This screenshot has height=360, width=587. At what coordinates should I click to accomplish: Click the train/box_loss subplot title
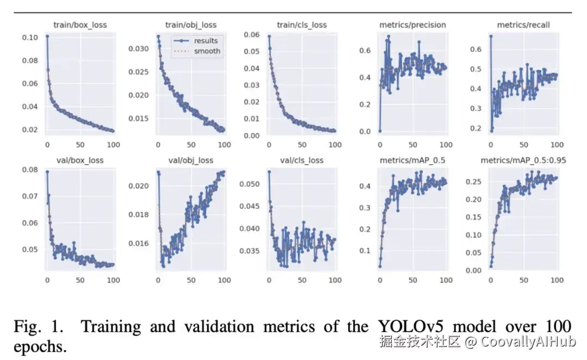(80, 25)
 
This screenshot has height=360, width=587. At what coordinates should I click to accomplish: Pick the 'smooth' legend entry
(207, 51)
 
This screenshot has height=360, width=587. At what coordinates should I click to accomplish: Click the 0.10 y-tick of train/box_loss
(30, 38)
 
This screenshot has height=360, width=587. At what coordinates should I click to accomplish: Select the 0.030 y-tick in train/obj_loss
(138, 49)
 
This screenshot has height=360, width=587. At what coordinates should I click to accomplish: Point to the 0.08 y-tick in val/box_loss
(30, 170)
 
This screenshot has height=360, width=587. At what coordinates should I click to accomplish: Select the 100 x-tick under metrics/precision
(446, 145)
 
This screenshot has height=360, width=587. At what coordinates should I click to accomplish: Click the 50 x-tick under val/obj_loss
(191, 281)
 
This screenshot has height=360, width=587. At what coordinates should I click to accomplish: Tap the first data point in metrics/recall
(491, 36)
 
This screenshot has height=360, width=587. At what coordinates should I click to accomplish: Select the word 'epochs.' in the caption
(41, 347)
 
